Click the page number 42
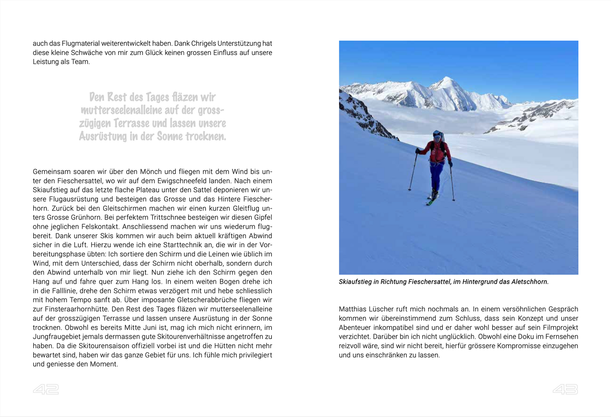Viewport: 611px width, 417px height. tap(46, 390)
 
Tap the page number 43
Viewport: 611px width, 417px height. tap(565, 390)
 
